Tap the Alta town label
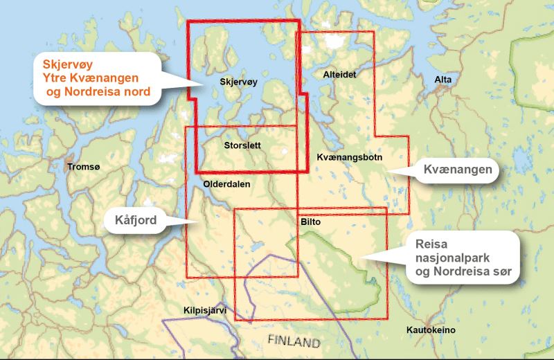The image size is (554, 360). (443, 81)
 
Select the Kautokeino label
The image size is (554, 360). (431, 330)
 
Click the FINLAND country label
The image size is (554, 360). (294, 342)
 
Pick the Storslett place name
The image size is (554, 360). (244, 146)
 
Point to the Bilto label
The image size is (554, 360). (312, 223)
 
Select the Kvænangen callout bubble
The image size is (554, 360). (458, 170)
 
